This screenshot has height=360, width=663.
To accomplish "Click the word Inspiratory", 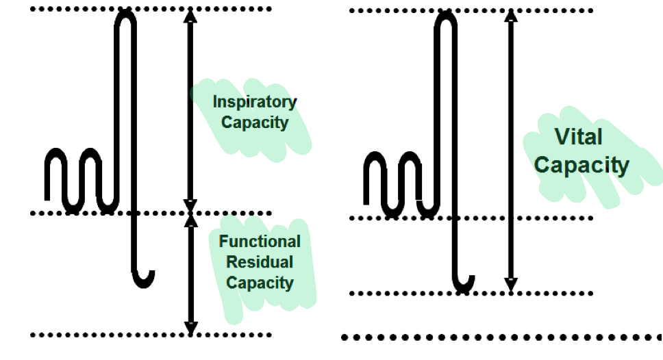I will pyautogui.click(x=254, y=102).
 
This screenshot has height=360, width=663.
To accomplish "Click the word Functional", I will pyautogui.click(x=260, y=242).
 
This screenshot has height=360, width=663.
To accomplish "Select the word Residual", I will pyautogui.click(x=260, y=262).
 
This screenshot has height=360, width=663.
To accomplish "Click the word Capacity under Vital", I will pyautogui.click(x=581, y=165).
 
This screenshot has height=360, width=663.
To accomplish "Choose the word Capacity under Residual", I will pyautogui.click(x=260, y=283).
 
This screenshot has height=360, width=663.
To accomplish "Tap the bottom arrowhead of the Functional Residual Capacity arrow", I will pyautogui.click(x=191, y=328).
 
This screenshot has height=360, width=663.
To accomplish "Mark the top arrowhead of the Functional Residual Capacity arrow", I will pyautogui.click(x=191, y=221).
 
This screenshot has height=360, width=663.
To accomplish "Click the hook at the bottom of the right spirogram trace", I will pyautogui.click(x=464, y=283).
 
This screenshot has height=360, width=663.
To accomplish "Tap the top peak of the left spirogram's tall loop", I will pyautogui.click(x=126, y=14).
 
